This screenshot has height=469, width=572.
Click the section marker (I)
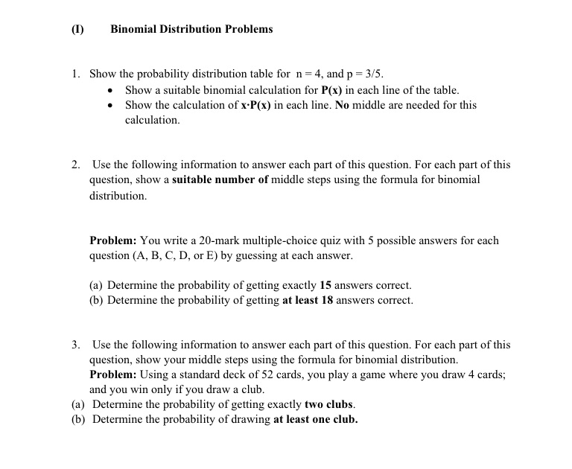[x=77, y=29]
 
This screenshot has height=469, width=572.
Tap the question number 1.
[x=75, y=74]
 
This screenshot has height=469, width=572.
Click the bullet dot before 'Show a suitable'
[x=111, y=90]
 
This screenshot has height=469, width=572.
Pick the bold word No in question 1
[x=342, y=105]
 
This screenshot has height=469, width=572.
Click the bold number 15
[x=325, y=285]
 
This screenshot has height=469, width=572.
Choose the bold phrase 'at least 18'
[x=308, y=300]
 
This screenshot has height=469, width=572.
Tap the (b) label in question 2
[x=96, y=300]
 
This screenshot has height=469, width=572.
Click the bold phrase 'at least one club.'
[x=315, y=419]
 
